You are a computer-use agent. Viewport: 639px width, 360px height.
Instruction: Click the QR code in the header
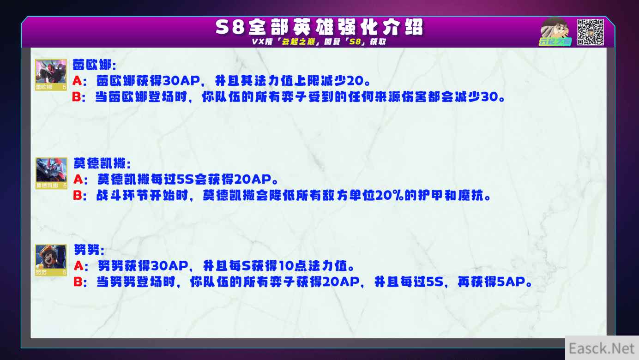click(x=590, y=32)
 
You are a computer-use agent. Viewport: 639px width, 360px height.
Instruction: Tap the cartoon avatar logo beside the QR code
click(x=555, y=31)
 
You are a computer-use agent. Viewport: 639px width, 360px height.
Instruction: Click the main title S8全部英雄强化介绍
click(x=319, y=27)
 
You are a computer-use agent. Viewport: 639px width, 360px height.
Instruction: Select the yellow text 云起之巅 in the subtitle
click(x=298, y=42)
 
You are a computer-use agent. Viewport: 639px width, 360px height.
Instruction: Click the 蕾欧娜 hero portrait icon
click(x=51, y=75)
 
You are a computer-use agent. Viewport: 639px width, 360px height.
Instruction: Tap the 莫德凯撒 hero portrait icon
click(x=51, y=173)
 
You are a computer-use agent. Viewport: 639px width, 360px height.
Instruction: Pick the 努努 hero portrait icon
click(x=51, y=260)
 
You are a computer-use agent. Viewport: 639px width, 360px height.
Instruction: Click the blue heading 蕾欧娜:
click(x=95, y=65)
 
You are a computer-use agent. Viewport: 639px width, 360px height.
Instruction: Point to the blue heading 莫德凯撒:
click(x=102, y=163)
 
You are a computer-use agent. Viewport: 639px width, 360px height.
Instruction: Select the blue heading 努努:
click(x=89, y=250)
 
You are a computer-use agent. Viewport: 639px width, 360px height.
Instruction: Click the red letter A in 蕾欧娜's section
click(x=77, y=81)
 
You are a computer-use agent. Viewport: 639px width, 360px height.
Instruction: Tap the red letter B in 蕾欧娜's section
click(x=77, y=97)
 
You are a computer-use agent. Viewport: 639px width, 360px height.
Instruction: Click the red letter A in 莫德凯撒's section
click(x=78, y=180)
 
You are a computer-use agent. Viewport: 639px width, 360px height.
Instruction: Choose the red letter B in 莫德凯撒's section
click(x=77, y=195)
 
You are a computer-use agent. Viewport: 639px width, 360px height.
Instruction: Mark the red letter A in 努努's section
click(x=78, y=266)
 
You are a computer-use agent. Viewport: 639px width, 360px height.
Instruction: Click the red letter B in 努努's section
click(x=78, y=282)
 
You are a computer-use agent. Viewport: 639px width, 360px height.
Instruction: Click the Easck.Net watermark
click(x=601, y=348)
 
